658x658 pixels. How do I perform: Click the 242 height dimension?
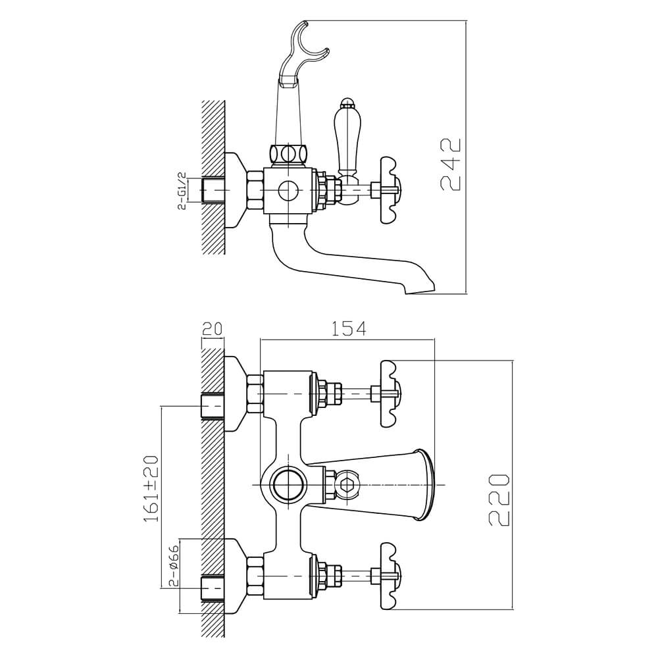(451, 164)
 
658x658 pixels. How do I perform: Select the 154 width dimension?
(349, 328)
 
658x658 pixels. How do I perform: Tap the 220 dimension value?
(499, 499)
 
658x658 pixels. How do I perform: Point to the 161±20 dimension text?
(151, 488)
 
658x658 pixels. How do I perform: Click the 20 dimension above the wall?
(212, 328)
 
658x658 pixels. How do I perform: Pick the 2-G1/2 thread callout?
(182, 190)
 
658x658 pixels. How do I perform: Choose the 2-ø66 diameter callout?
(174, 565)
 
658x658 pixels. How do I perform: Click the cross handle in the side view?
(390, 190)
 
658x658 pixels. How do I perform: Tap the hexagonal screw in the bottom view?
(348, 485)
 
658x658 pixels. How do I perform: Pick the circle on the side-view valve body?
(289, 191)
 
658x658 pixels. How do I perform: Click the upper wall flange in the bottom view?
(235, 393)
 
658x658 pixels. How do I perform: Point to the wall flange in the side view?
(235, 190)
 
